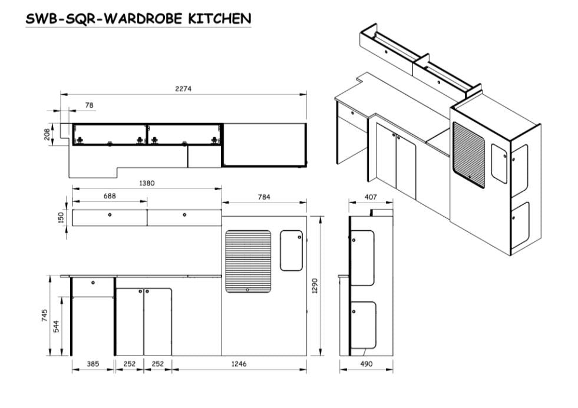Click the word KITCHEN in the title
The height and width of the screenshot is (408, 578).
pyautogui.click(x=219, y=18)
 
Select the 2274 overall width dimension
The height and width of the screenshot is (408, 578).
pyautogui.click(x=183, y=88)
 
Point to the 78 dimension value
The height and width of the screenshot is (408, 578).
pyautogui.click(x=89, y=105)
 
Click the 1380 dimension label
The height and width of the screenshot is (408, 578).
pyautogui.click(x=147, y=183)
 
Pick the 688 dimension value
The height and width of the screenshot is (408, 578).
pyautogui.click(x=110, y=195)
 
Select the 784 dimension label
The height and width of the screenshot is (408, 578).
pyautogui.click(x=265, y=197)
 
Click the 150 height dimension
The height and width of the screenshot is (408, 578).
pyautogui.click(x=61, y=218)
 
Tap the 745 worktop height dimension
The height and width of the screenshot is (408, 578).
pyautogui.click(x=44, y=316)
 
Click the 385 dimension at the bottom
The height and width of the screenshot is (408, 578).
pyautogui.click(x=93, y=364)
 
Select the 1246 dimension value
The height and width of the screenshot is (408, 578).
pyautogui.click(x=239, y=364)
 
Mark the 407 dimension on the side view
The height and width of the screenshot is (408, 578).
pyautogui.click(x=370, y=197)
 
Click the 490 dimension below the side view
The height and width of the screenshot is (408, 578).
pyautogui.click(x=366, y=364)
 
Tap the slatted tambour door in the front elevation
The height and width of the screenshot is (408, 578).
pyautogui.click(x=248, y=261)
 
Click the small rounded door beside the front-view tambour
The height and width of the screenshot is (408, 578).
pyautogui.click(x=291, y=250)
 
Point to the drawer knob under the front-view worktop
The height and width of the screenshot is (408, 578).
pyautogui.click(x=94, y=283)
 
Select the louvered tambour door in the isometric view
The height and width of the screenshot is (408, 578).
pyautogui.click(x=468, y=154)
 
